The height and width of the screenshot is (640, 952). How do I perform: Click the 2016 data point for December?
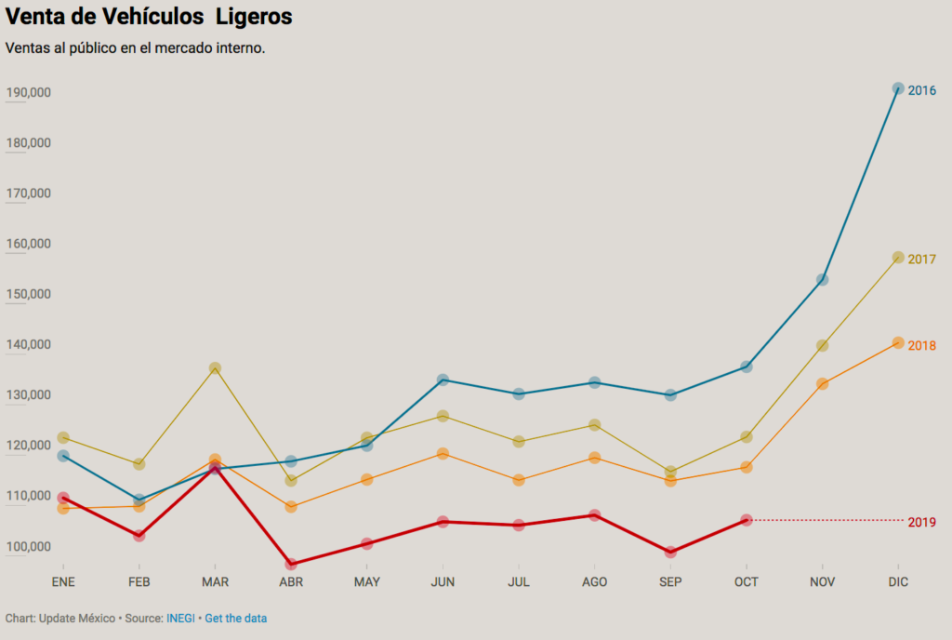point(898,89)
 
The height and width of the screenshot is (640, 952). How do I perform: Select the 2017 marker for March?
point(215,368)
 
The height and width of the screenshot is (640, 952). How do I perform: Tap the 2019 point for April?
point(291,564)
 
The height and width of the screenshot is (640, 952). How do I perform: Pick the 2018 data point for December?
point(898,343)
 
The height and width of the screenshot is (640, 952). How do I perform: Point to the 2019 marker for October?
point(746,520)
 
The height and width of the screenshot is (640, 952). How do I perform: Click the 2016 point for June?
point(443,380)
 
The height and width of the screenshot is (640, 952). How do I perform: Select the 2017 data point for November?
point(822,345)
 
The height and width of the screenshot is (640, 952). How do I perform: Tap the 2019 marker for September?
point(670,552)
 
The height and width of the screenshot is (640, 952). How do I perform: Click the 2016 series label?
point(921,91)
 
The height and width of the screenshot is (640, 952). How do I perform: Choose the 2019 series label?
point(921,523)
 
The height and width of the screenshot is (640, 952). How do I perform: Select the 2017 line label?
point(921,260)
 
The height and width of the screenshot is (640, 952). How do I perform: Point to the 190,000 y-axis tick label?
point(28,93)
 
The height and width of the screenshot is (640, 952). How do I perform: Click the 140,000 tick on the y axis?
point(28,344)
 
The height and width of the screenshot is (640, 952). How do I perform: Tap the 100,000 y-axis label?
point(28,546)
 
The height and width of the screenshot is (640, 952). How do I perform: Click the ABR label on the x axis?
point(291,582)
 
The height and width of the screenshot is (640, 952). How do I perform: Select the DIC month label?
point(898,582)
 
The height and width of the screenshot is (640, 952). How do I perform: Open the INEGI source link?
point(180,619)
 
